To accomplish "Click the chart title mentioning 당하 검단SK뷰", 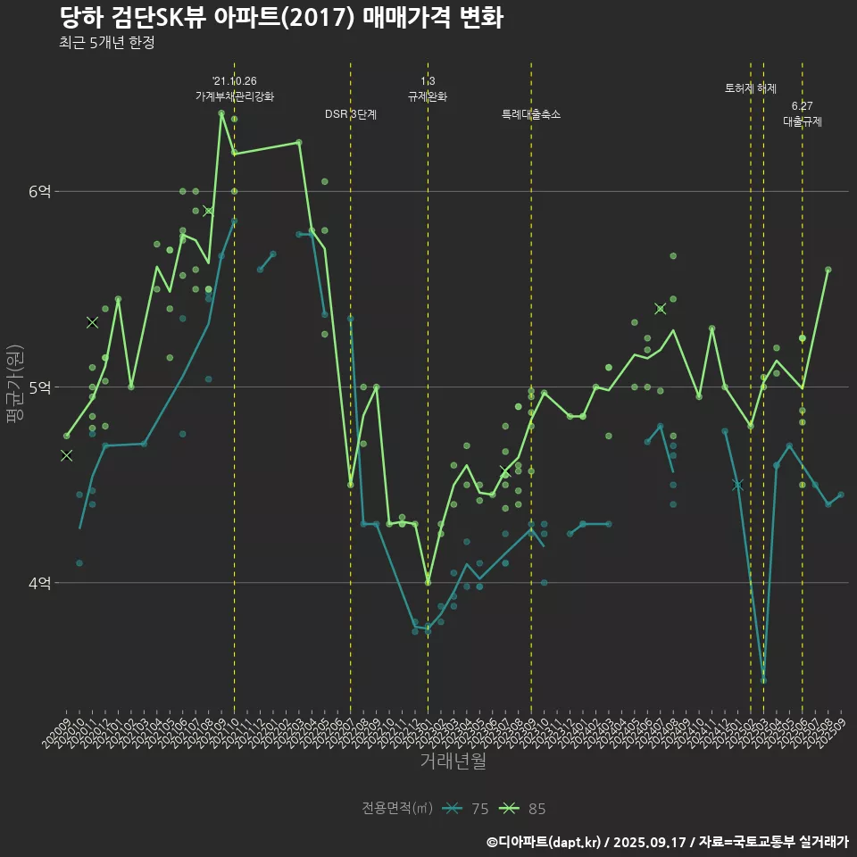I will pyautogui.click(x=281, y=18).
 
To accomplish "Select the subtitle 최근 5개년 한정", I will pyautogui.click(x=107, y=43).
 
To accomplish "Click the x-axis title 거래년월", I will pyautogui.click(x=453, y=761).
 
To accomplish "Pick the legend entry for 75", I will pyautogui.click(x=467, y=809).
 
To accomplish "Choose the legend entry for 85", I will pyautogui.click(x=523, y=809).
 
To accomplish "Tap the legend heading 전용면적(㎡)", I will pyautogui.click(x=397, y=809).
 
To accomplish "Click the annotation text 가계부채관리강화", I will pyautogui.click(x=235, y=96).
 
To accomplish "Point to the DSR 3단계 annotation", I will pyautogui.click(x=351, y=114).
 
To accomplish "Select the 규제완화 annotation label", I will pyautogui.click(x=428, y=96).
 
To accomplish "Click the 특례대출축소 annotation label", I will pyautogui.click(x=531, y=114).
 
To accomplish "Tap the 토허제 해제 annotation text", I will pyautogui.click(x=751, y=88).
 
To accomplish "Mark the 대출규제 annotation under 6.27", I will pyautogui.click(x=802, y=121).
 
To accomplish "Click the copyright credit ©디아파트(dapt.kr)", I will pyautogui.click(x=545, y=842).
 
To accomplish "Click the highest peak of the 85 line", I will pyautogui.click(x=221, y=113).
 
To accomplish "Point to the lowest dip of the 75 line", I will pyautogui.click(x=763, y=680).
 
